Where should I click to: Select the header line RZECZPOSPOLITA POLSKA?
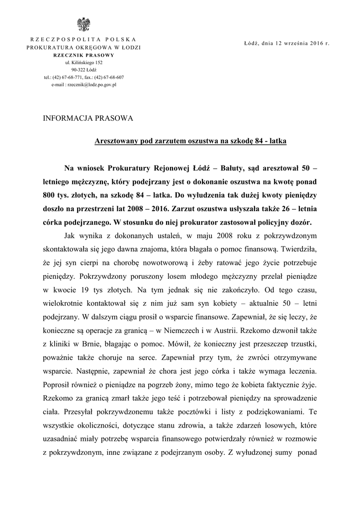pyautogui.click(x=83, y=39)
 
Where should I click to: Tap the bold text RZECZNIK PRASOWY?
pyautogui.click(x=84, y=55)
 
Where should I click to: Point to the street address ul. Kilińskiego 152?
pyautogui.click(x=83, y=63)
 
